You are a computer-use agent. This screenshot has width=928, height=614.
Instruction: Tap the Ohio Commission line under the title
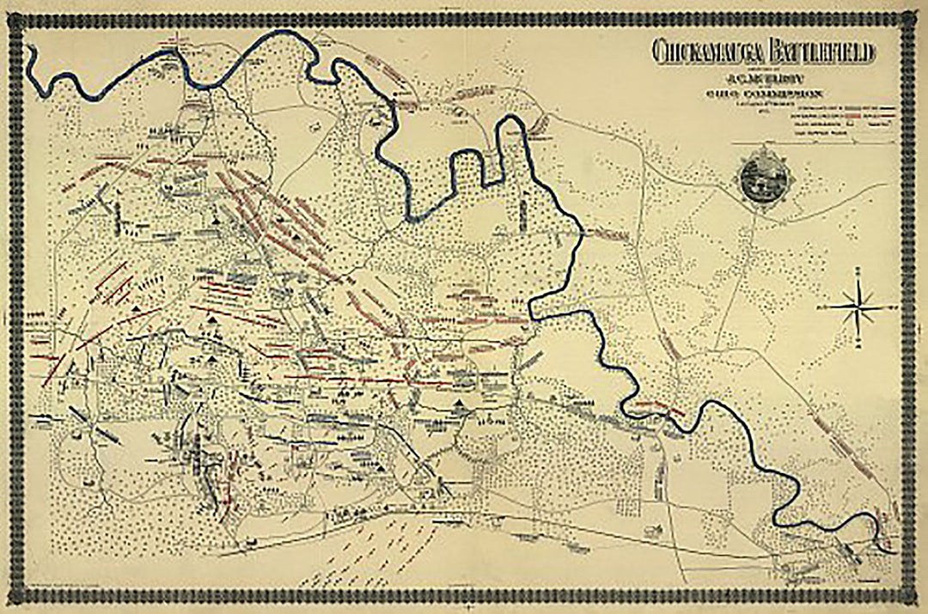click(x=762, y=93)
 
